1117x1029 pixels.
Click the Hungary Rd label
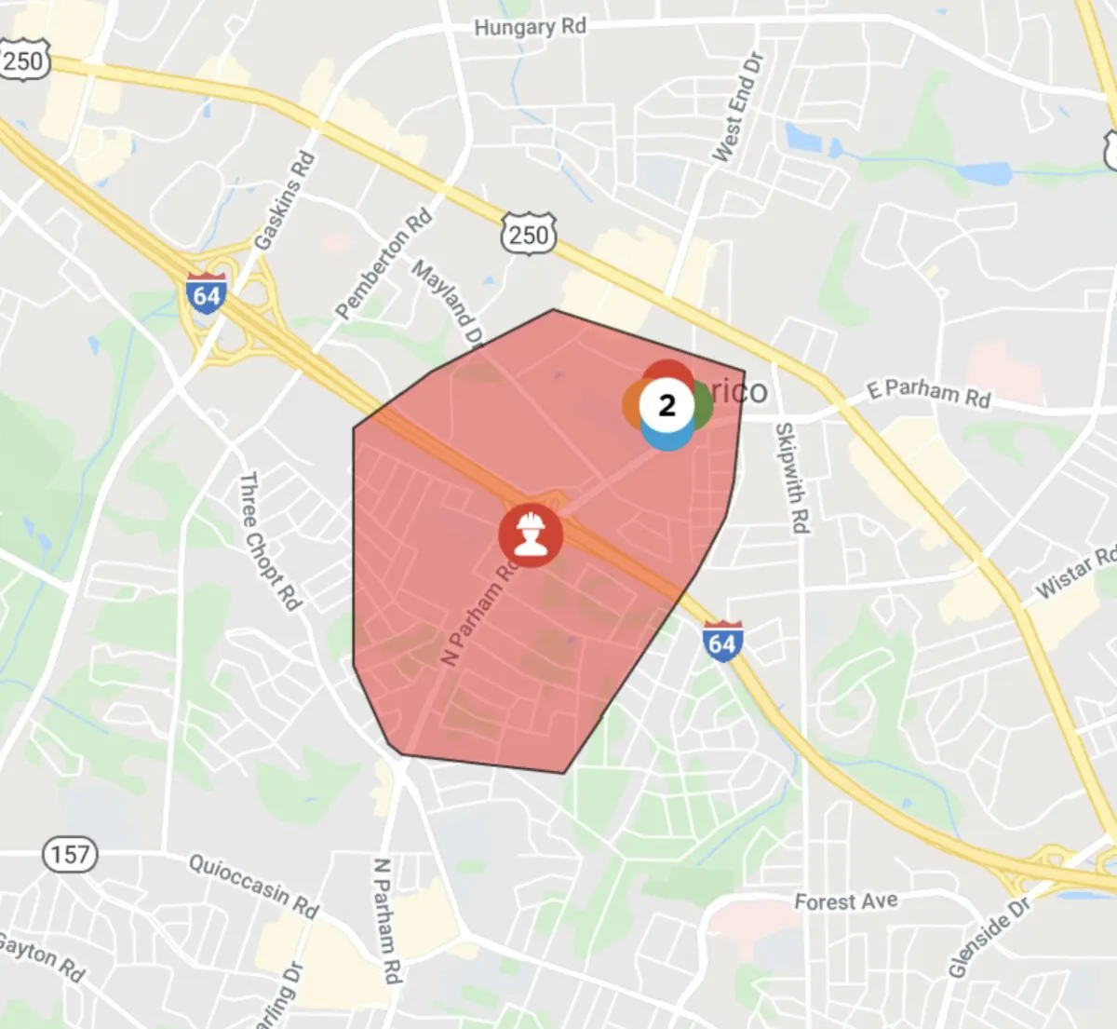pos(530,26)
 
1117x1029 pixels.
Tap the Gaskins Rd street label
pos(284,201)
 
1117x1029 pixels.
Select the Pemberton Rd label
pos(384,264)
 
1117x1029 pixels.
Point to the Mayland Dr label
pos(449,303)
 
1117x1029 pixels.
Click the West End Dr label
pos(737,107)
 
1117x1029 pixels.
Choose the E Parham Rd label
pos(928,393)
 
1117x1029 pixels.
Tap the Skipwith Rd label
pos(791,477)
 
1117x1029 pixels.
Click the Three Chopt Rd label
pos(270,541)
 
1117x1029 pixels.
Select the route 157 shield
pos(70,854)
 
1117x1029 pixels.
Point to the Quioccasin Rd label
pos(253,884)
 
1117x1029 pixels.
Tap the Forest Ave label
pos(845,901)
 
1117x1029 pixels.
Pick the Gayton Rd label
pos(42,959)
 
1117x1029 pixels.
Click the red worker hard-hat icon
pos(530,535)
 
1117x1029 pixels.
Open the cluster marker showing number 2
pos(666,405)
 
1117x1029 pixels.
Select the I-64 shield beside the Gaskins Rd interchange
pos(206,294)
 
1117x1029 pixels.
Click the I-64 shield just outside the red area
pos(721,642)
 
